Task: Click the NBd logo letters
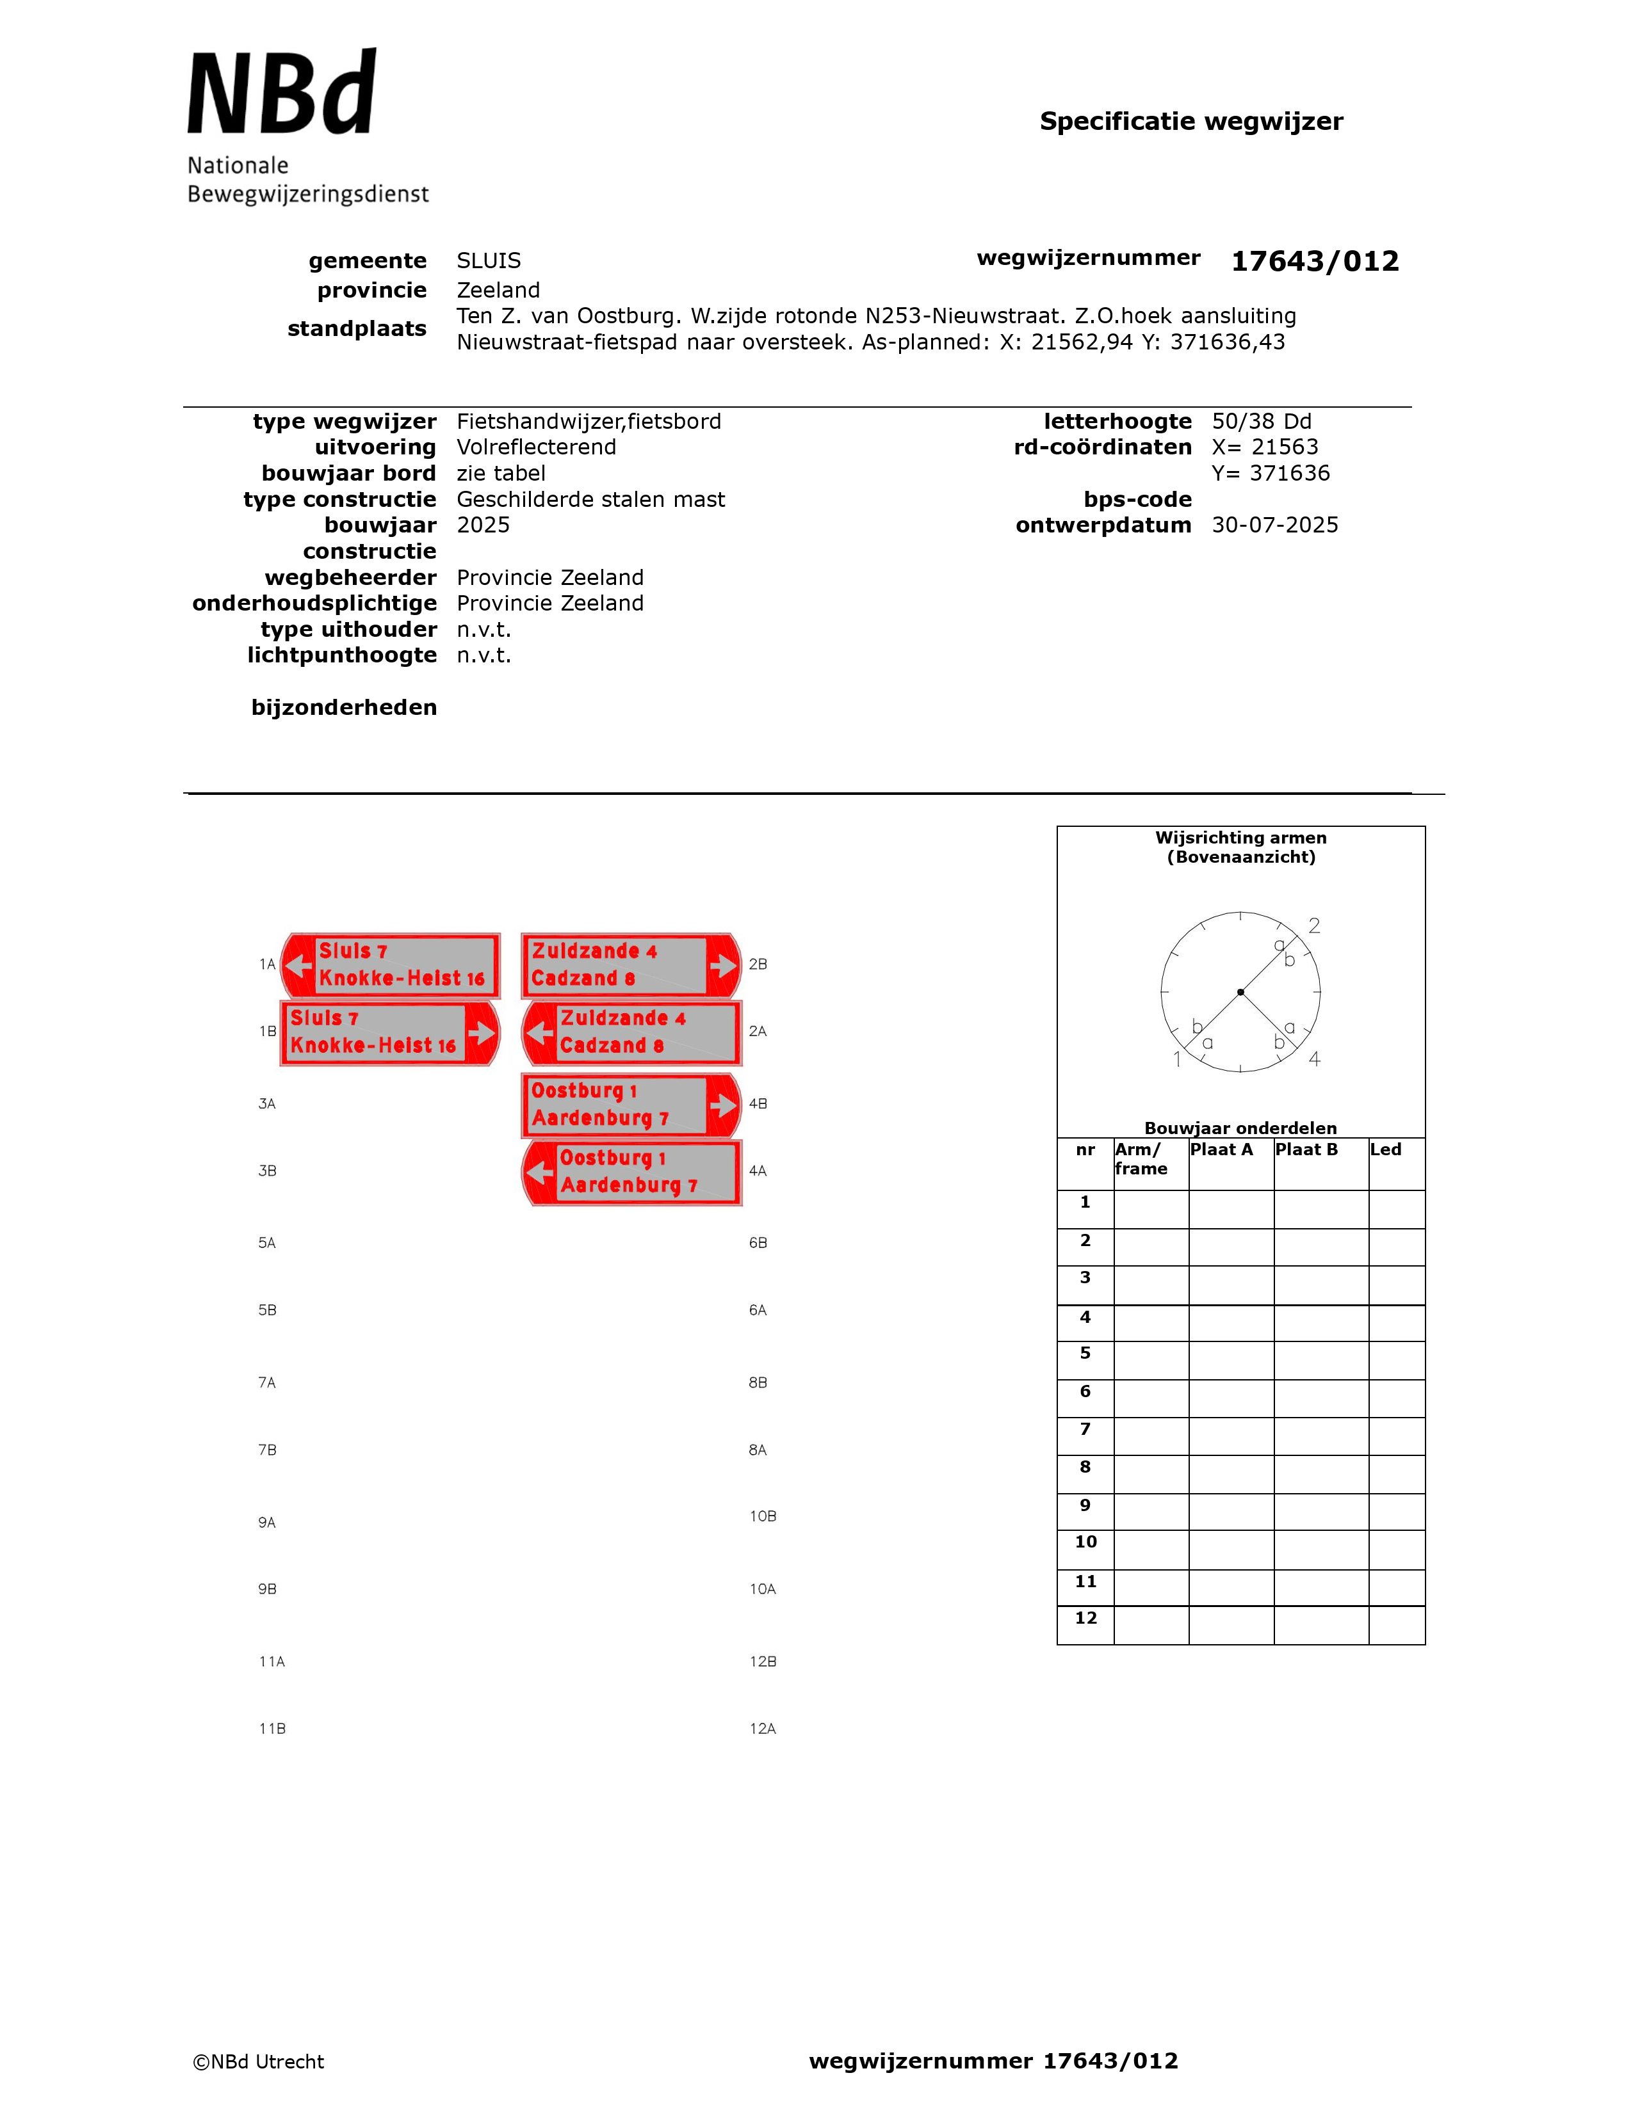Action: click(280, 94)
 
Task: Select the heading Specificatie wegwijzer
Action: click(1191, 122)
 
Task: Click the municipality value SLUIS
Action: click(489, 261)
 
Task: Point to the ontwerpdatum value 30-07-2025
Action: click(1274, 525)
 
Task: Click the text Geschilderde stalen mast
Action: click(590, 500)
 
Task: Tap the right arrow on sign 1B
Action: click(481, 1033)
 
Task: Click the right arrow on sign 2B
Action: click(722, 965)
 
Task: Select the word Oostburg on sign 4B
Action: click(576, 1091)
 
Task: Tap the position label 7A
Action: click(267, 1383)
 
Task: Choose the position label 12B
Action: click(762, 1661)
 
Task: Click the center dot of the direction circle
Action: click(1240, 992)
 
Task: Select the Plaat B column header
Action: click(1306, 1150)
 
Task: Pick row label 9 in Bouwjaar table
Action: click(1085, 1506)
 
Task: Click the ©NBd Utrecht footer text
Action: click(258, 2061)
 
